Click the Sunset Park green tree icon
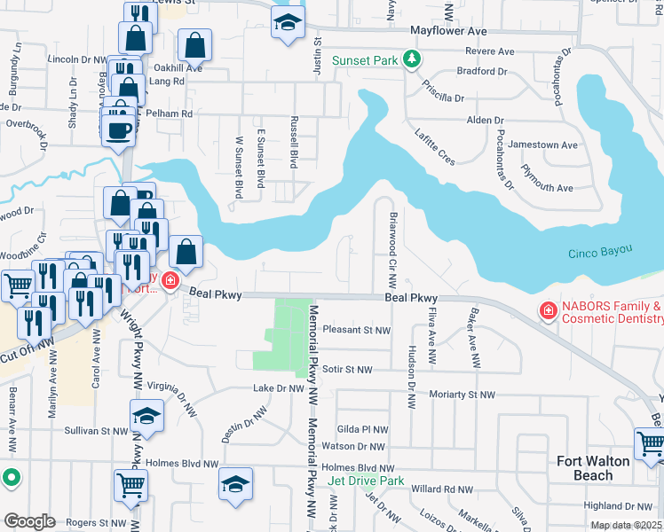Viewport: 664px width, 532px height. point(411,59)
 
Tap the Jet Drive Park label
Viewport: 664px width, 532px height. point(366,481)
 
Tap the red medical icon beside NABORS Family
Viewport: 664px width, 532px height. point(549,311)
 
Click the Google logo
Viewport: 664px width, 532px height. point(29,520)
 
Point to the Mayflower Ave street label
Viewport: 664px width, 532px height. point(449,30)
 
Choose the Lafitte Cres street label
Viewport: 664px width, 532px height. point(434,145)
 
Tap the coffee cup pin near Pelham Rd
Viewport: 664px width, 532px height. point(119,130)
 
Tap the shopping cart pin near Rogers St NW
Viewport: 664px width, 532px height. point(130,485)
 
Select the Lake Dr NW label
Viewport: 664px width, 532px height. point(279,388)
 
